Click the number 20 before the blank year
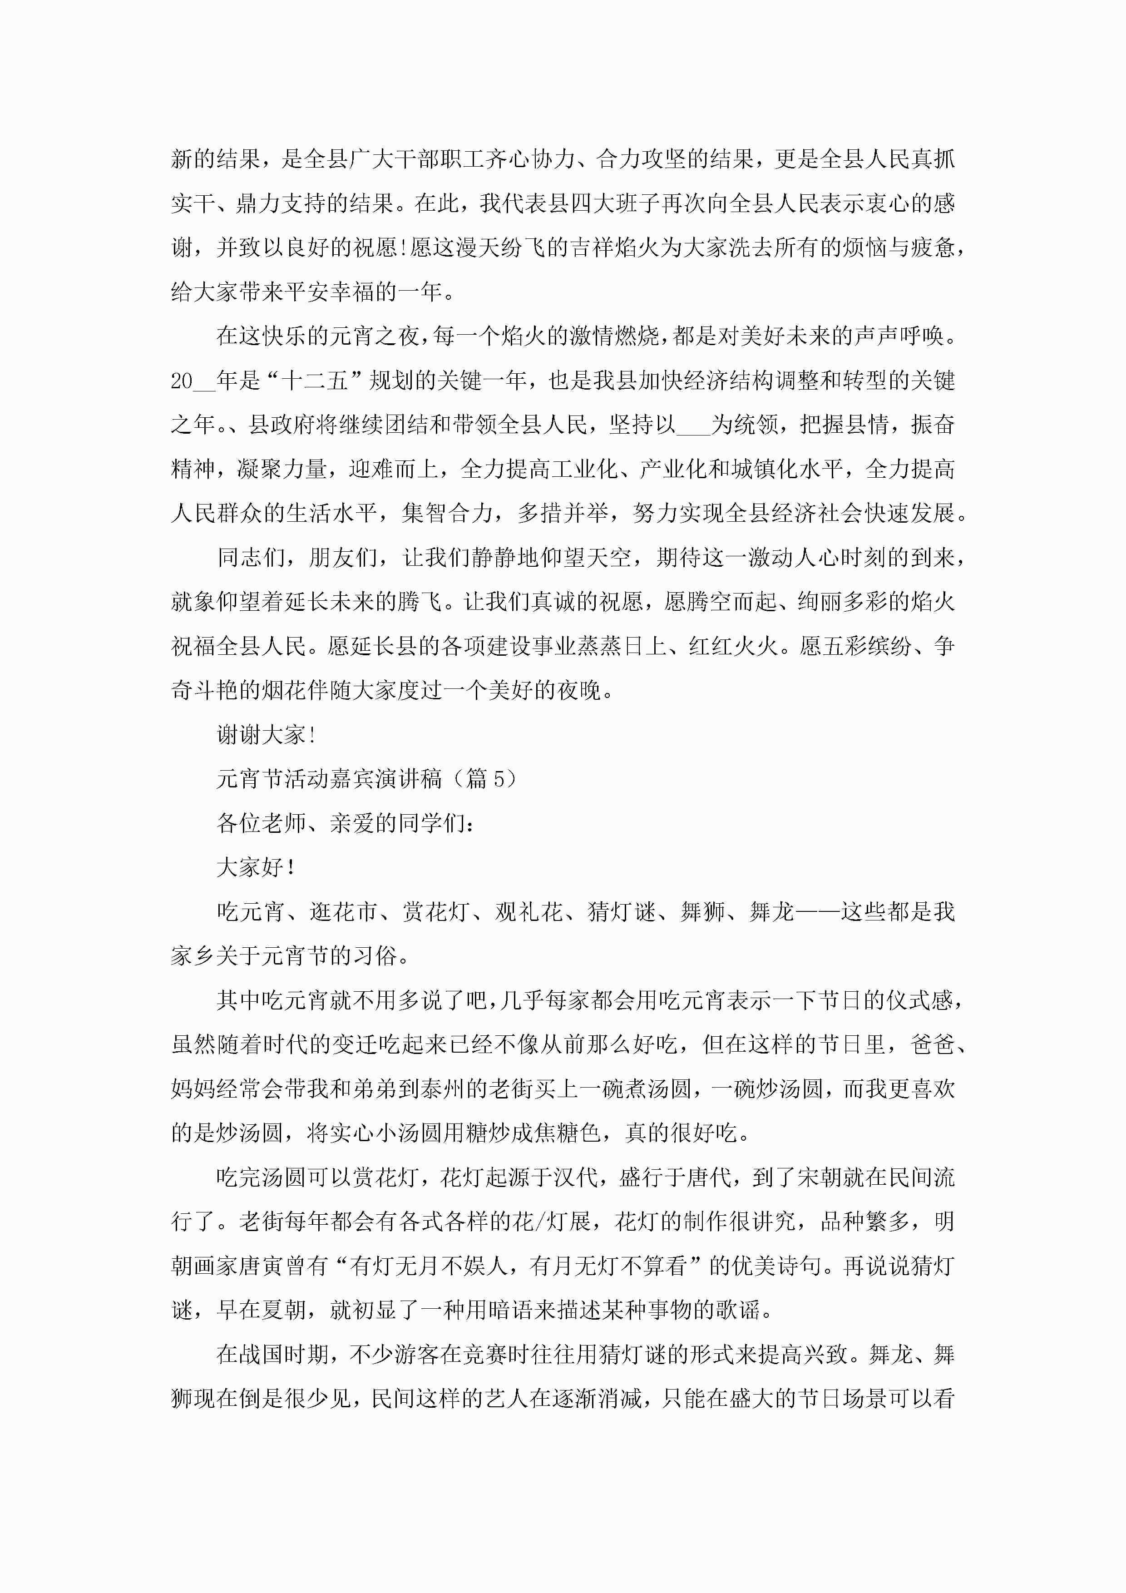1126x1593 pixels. [182, 381]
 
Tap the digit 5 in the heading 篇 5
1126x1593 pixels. [499, 779]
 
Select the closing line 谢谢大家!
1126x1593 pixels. [267, 735]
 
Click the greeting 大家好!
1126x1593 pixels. [255, 867]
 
